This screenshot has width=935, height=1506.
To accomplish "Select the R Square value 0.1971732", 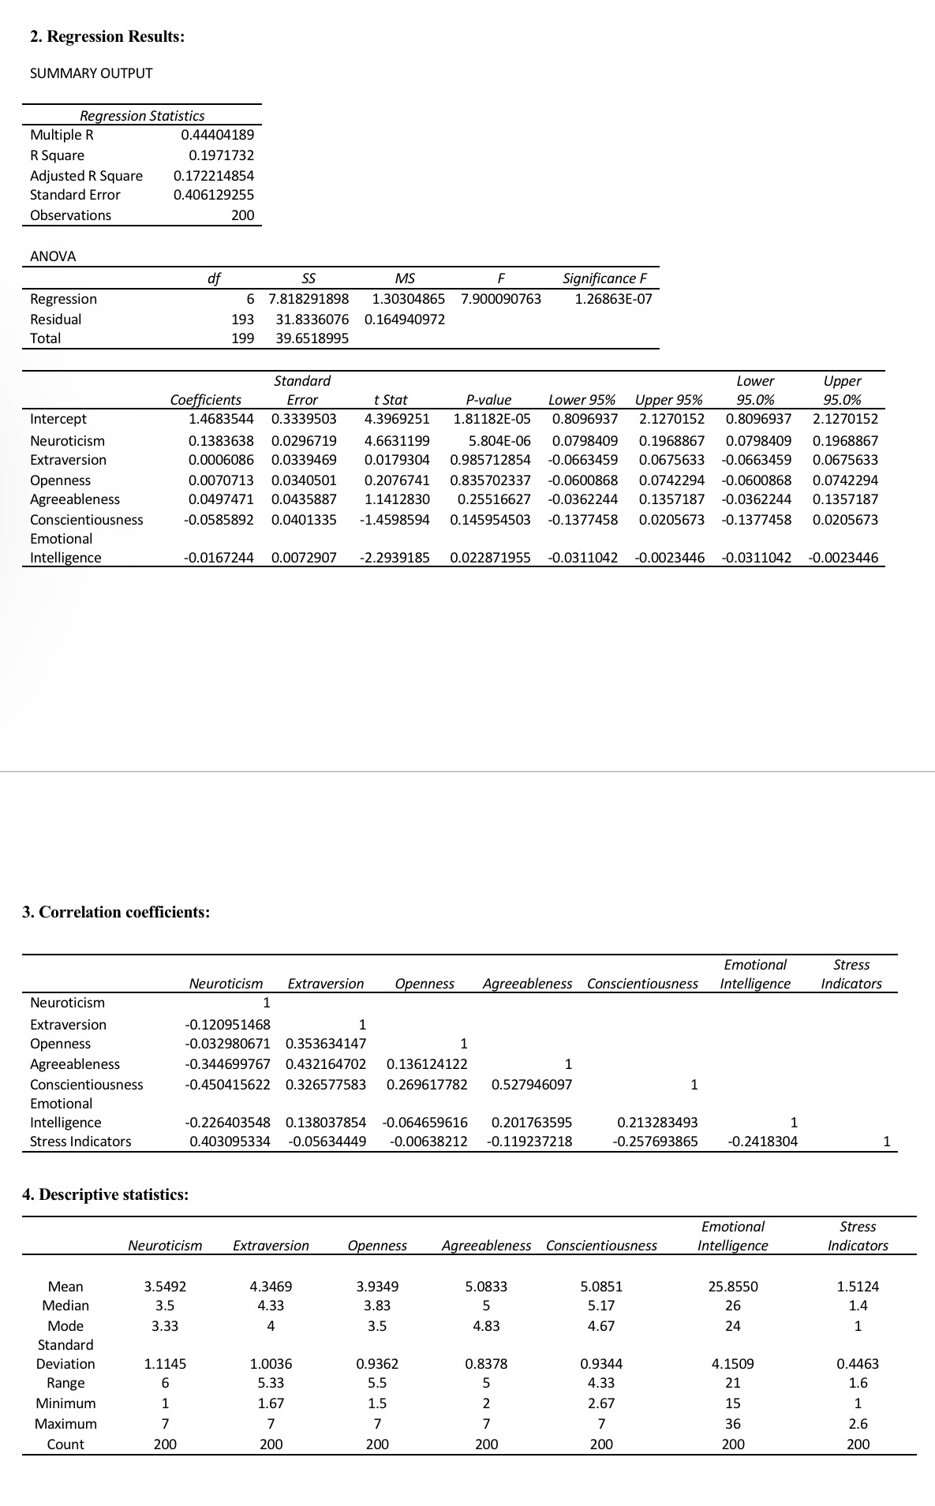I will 221,155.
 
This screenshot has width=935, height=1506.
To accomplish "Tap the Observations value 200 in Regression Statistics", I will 242,215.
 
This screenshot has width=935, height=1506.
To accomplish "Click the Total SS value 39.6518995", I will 312,338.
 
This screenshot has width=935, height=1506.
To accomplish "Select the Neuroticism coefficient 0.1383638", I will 221,440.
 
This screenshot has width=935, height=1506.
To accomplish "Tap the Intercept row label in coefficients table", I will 58,419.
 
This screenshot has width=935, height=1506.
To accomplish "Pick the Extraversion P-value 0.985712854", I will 490,460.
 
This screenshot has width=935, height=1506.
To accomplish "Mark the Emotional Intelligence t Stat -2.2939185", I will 395,558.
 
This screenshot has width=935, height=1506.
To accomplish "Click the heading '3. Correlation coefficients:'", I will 116,912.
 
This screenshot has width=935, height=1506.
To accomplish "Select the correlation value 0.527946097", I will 531,1084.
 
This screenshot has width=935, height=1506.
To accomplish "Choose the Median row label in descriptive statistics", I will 65,1306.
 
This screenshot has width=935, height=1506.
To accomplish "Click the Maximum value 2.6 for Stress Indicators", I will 858,1423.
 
